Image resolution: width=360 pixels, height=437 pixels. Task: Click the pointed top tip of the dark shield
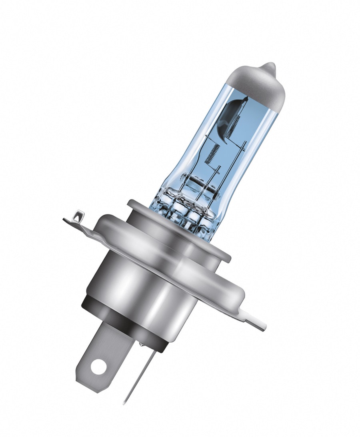[246, 98]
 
